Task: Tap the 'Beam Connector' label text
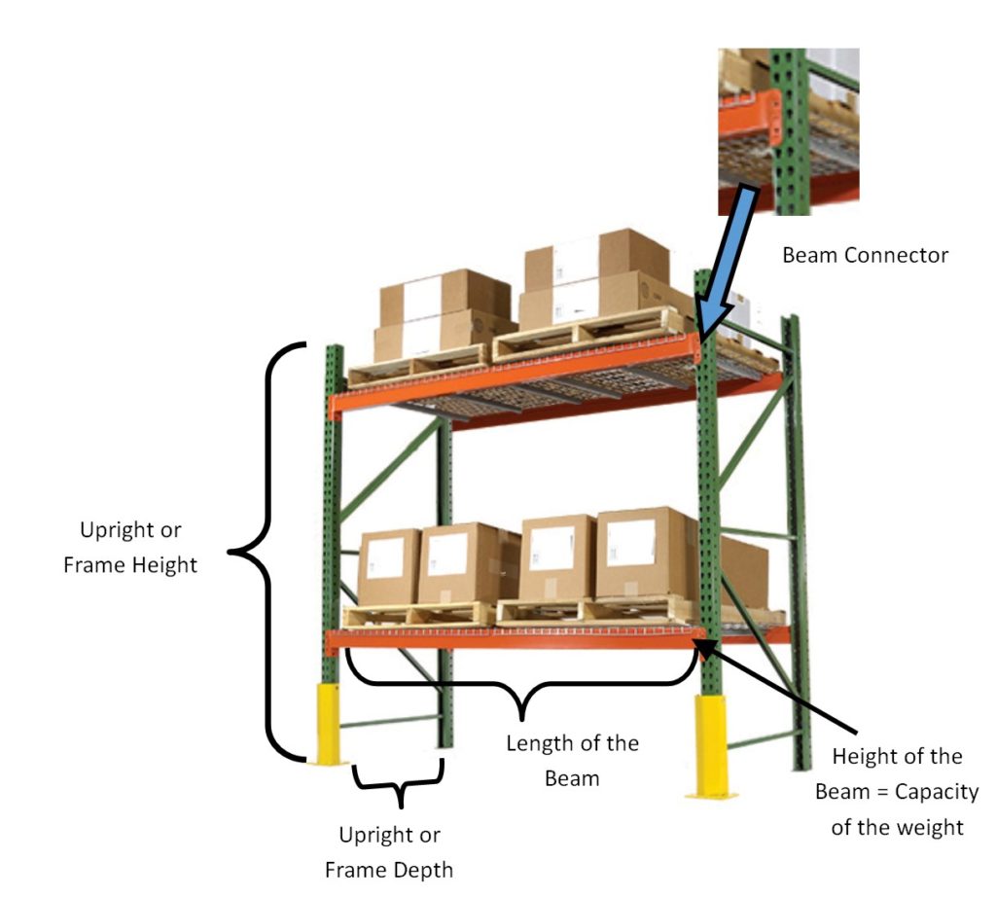tap(865, 256)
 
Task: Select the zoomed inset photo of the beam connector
tap(788, 131)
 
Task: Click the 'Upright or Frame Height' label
tap(130, 548)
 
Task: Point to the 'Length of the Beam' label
tap(572, 760)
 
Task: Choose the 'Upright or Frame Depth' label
tap(389, 851)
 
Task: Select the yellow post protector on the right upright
tap(710, 744)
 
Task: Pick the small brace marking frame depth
tap(399, 784)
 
